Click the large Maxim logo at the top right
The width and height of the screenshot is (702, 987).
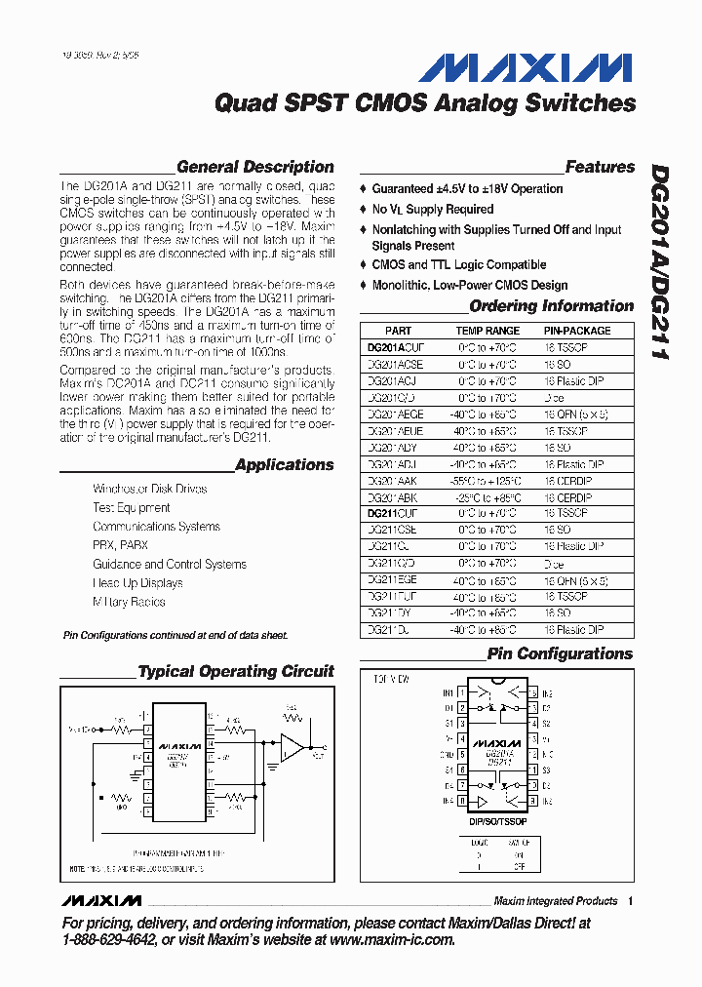(x=525, y=67)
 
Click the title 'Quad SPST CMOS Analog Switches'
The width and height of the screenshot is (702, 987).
(x=424, y=102)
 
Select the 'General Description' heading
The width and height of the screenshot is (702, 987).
(x=254, y=167)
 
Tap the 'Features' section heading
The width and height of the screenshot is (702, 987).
(x=599, y=167)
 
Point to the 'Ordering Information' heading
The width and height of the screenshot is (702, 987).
(x=551, y=306)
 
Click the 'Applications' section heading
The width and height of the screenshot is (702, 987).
(x=284, y=465)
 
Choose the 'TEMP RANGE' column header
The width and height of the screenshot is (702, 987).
(x=487, y=331)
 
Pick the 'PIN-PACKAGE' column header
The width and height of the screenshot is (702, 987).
(x=577, y=331)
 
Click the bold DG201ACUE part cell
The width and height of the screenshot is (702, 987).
(x=396, y=346)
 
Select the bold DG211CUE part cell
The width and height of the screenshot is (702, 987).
(x=395, y=512)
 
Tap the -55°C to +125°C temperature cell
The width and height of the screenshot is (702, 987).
(x=487, y=482)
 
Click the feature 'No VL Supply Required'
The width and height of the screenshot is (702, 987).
(x=432, y=210)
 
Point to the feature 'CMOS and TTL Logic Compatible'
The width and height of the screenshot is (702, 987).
(x=458, y=265)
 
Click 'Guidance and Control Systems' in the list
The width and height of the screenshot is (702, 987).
(x=169, y=564)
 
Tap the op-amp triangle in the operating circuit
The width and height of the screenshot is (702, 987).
(x=292, y=748)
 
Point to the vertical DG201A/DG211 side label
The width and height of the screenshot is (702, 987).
(x=659, y=262)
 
